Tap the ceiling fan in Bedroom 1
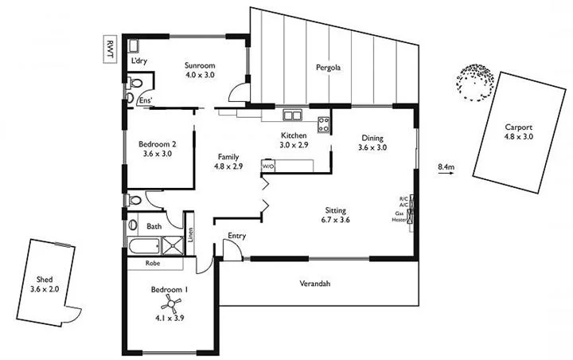(x=169, y=303)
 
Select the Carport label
(x=518, y=131)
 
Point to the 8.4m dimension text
(x=446, y=167)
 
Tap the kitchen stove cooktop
(x=324, y=124)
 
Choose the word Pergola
(x=328, y=68)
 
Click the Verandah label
(x=315, y=284)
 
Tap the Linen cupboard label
(x=191, y=236)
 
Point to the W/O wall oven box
(x=268, y=167)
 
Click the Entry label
(x=236, y=236)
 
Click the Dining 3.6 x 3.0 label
(x=372, y=143)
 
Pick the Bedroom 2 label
(x=157, y=149)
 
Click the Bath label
(x=154, y=226)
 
